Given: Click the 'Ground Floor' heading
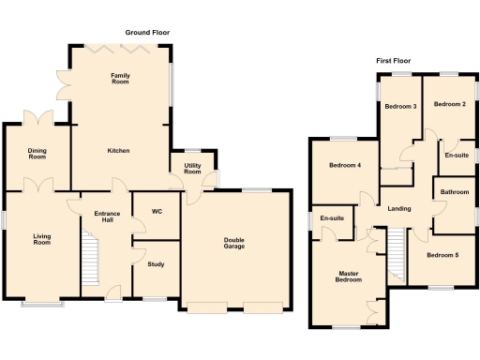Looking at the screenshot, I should tap(147, 32).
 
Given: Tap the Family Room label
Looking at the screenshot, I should tap(119, 78).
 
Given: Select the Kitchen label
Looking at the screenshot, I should tap(118, 150).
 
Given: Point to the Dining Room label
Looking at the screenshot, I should tap(37, 153).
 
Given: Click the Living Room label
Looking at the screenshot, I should tap(41, 239).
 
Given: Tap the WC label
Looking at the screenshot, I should tap(157, 212).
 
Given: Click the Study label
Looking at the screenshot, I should tap(157, 264).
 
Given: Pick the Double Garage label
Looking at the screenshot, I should tap(234, 244).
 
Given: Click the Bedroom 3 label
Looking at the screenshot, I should tap(400, 106).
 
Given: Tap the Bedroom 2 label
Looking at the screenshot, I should tap(450, 104).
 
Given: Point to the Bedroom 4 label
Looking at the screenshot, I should tap(345, 166).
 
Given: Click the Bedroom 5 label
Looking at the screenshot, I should tap(442, 254).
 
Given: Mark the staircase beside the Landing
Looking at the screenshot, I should tap(397, 253).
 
